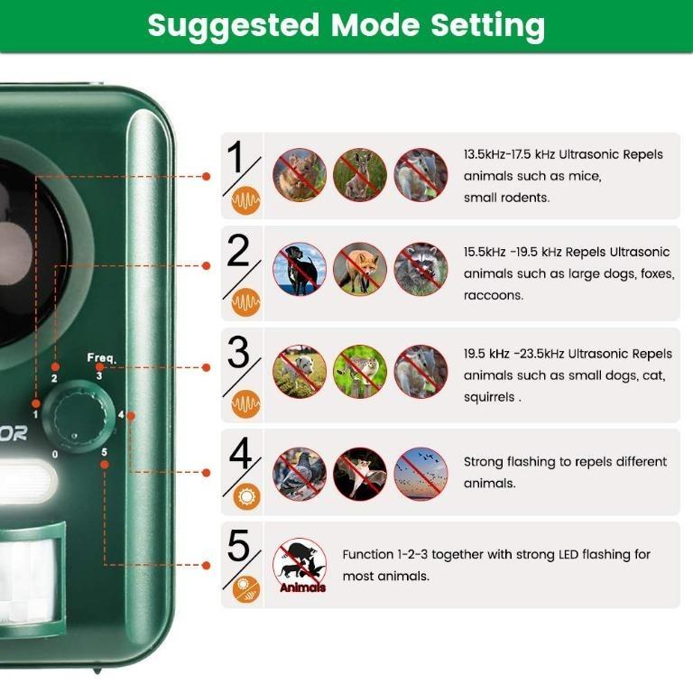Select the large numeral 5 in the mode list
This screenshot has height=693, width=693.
pos(238,547)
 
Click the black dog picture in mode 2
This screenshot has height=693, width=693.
pos(300,269)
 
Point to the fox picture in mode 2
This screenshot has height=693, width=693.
pos(360,269)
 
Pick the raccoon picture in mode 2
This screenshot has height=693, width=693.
pos(420,269)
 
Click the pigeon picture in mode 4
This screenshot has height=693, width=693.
pos(300,474)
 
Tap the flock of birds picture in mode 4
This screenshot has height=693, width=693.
pos(420,474)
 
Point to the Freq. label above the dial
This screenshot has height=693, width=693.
pos(101,358)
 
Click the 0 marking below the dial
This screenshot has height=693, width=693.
pos(55,454)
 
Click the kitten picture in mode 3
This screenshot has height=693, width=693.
pos(360,371)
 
